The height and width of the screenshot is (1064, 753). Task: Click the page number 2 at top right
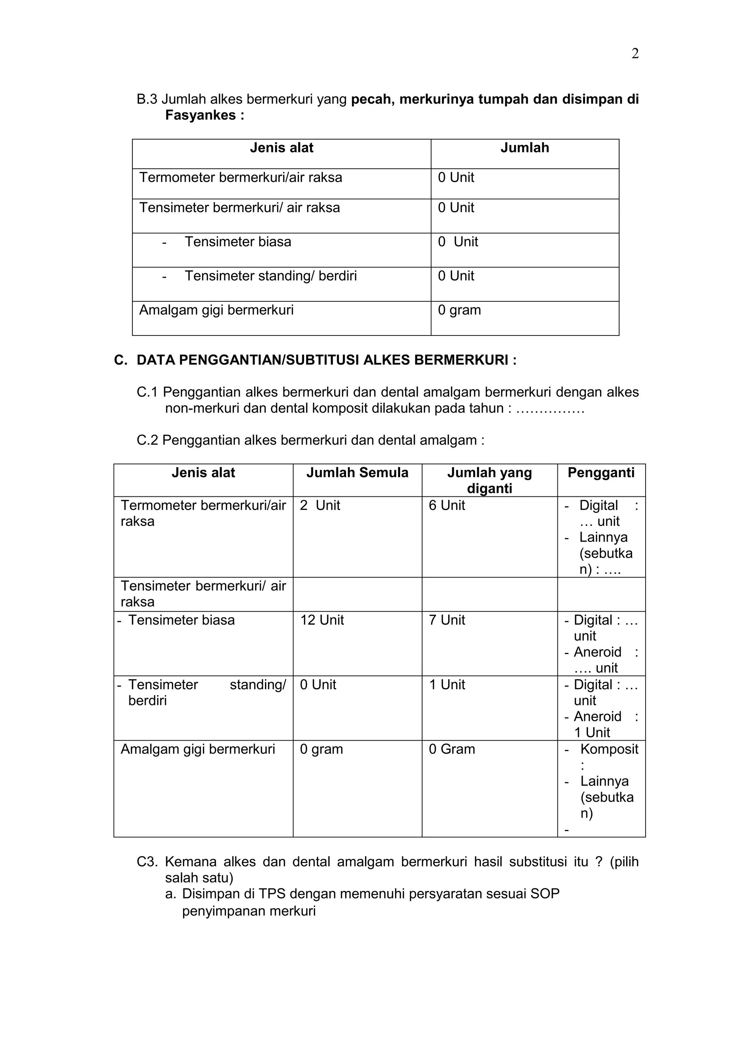[x=635, y=54]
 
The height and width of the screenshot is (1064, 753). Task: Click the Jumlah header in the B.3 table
[x=524, y=148]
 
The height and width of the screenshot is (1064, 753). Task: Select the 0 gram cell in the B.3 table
[x=459, y=310]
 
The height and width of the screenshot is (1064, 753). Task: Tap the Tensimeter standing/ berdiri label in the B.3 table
[x=270, y=276]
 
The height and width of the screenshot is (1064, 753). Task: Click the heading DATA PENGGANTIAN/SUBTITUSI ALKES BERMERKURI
[x=326, y=360]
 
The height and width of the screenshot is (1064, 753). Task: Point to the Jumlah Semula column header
[x=357, y=473]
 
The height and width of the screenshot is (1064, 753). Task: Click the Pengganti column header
[x=600, y=473]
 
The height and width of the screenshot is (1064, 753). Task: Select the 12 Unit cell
[x=322, y=620]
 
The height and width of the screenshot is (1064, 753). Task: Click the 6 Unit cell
[x=446, y=506]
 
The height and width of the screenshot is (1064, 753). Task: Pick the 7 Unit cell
[x=446, y=620]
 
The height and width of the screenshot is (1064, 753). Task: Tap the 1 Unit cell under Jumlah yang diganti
[x=446, y=684]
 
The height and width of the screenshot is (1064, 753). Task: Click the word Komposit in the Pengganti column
[x=609, y=749]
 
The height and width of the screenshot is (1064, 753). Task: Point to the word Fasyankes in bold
[x=200, y=115]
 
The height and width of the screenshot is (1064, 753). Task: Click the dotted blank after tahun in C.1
[x=550, y=409]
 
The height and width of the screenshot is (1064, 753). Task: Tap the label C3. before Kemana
[x=147, y=862]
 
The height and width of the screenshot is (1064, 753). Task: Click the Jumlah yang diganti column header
[x=489, y=480]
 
